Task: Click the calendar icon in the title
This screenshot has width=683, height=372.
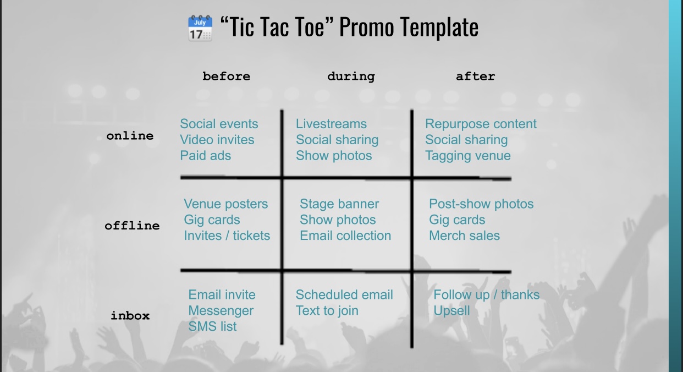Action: point(200,28)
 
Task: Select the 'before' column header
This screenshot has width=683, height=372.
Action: point(226,76)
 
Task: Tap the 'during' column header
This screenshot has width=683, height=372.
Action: point(351,76)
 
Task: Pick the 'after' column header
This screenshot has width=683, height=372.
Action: point(475,76)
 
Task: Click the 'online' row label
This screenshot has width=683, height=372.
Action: point(130,135)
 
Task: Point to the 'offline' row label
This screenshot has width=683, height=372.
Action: point(132,226)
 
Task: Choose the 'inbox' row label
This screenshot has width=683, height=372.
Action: point(130,315)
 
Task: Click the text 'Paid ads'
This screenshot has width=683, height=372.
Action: point(205,156)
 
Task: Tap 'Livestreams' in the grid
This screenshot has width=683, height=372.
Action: point(331,124)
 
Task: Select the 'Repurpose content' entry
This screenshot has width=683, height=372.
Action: point(481,124)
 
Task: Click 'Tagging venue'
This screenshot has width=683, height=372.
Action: point(468,156)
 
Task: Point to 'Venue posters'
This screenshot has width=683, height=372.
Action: point(225,204)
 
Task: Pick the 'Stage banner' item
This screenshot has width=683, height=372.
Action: point(339,204)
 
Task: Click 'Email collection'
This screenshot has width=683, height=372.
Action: point(345,236)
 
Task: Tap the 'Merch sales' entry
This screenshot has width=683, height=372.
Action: point(464,236)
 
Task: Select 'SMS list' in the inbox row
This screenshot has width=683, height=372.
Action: point(212,326)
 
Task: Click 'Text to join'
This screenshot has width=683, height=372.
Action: point(327,311)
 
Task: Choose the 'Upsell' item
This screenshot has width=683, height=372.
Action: point(451,311)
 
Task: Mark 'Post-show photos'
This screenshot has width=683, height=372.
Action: point(481,204)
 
